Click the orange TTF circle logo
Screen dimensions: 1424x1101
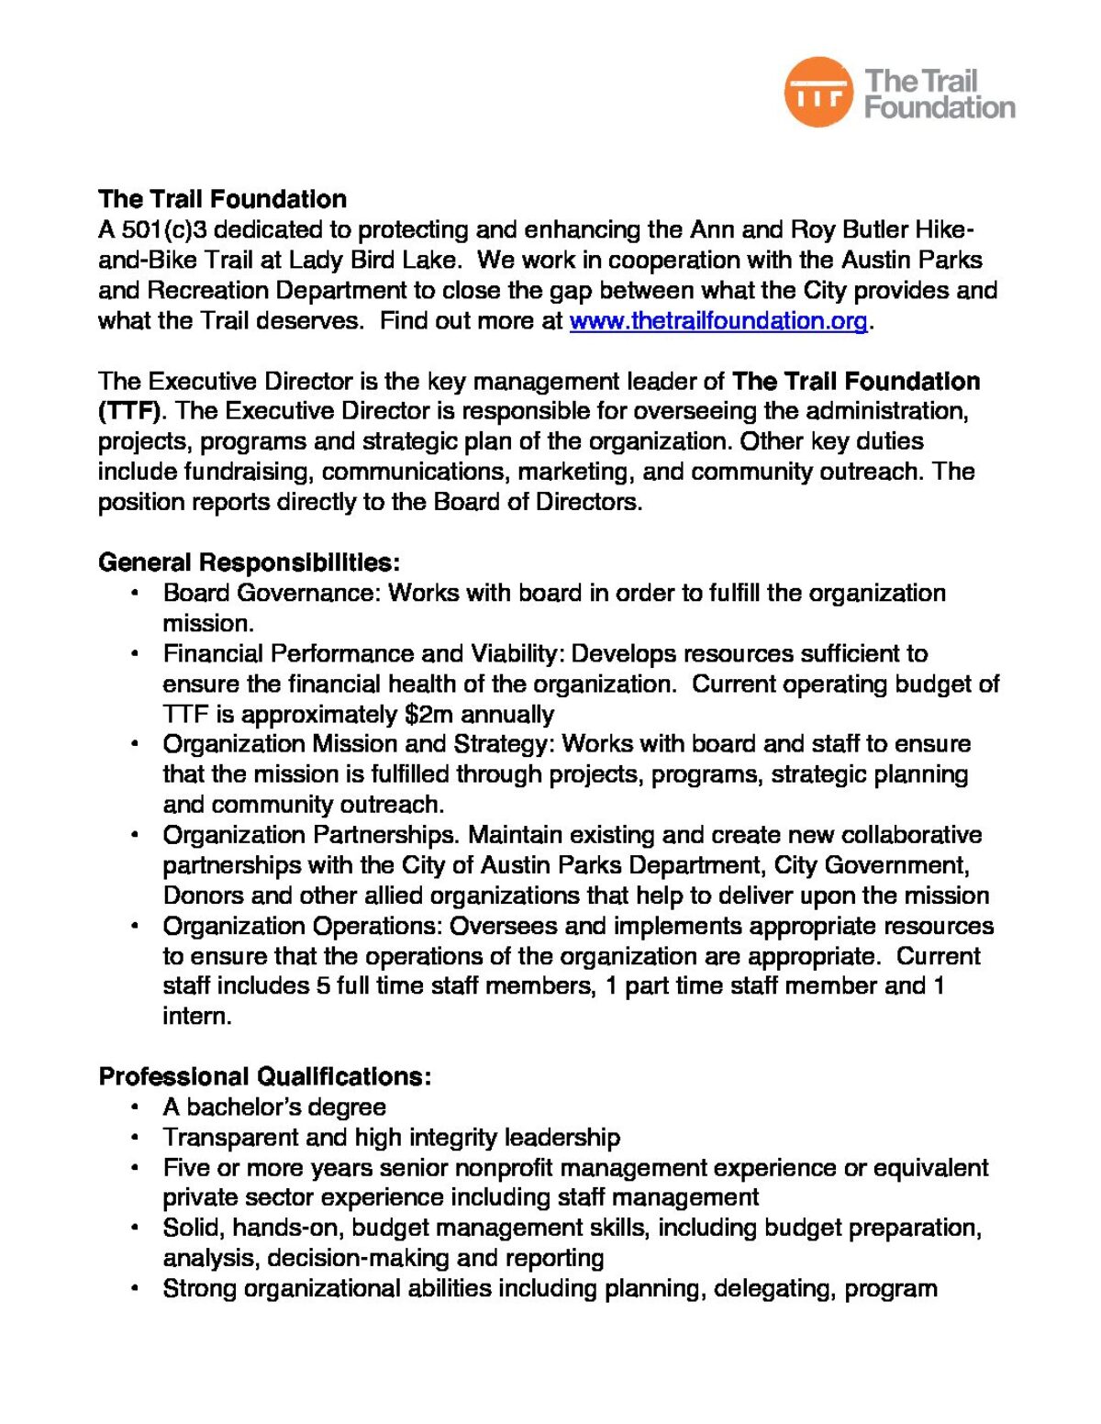pos(818,92)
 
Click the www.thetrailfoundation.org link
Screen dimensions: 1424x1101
pos(717,321)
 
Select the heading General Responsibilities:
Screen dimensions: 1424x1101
pos(249,562)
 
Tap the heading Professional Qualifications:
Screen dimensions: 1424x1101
pos(264,1076)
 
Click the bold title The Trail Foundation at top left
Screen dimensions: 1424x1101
pos(222,199)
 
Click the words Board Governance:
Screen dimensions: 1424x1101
pos(272,593)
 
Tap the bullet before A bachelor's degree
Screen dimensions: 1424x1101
pos(135,1107)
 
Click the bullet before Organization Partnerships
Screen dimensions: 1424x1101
pos(135,835)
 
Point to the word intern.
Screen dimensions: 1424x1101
pos(195,1017)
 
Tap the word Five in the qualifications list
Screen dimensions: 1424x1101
pos(185,1168)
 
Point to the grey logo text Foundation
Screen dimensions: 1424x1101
pos(940,108)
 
